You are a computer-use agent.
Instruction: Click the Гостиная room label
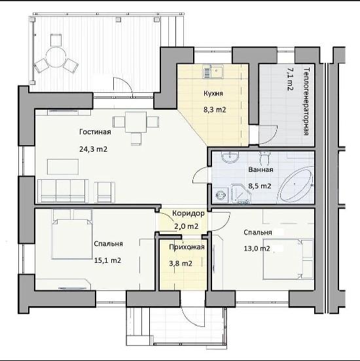coord(95,132)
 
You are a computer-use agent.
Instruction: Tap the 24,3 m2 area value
coord(94,149)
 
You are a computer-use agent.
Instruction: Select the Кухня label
coord(213,94)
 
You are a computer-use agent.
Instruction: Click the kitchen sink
coord(213,71)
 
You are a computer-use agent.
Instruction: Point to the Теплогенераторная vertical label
coord(306,101)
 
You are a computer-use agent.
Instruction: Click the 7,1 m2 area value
coord(289,79)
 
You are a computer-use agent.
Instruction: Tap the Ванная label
coord(261,169)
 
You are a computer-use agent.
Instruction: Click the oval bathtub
coord(296,185)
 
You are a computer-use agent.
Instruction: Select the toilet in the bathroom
coord(264,158)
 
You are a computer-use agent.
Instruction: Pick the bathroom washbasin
coord(230,157)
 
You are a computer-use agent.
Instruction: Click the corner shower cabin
coord(240,194)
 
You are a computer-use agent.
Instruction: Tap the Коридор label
coord(189,213)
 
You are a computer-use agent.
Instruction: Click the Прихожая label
coord(187,247)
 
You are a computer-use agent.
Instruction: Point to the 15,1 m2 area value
coord(107,260)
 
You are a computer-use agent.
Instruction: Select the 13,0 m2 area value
coord(257,249)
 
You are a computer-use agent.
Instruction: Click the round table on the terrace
coord(56,57)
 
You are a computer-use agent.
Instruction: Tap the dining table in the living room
coord(136,122)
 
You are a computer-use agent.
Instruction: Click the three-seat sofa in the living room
coord(63,191)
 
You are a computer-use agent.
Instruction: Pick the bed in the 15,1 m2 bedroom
coord(72,237)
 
